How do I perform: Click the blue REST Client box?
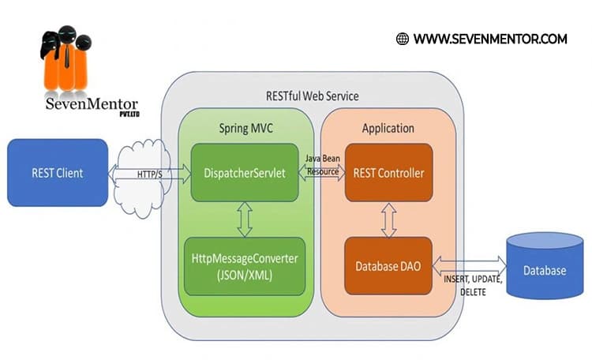click(57, 172)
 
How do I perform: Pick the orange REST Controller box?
click(388, 172)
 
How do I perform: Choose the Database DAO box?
click(388, 266)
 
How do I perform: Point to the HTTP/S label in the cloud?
click(150, 173)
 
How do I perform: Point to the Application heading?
click(388, 128)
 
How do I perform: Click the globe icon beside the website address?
click(403, 38)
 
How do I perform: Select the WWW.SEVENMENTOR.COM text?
click(489, 38)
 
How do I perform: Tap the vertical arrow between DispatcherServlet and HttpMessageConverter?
click(244, 219)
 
